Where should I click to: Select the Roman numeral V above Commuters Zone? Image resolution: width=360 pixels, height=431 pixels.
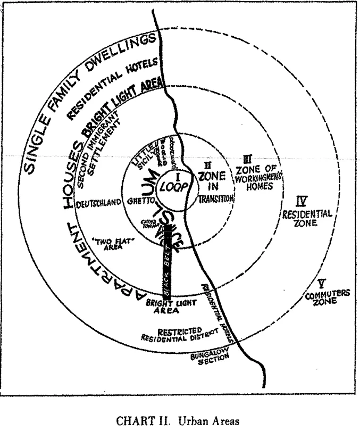tap(319, 283)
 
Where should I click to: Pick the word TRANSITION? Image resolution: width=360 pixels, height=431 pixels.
tap(216, 198)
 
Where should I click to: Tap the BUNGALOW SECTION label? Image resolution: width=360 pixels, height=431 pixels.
tap(211, 361)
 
